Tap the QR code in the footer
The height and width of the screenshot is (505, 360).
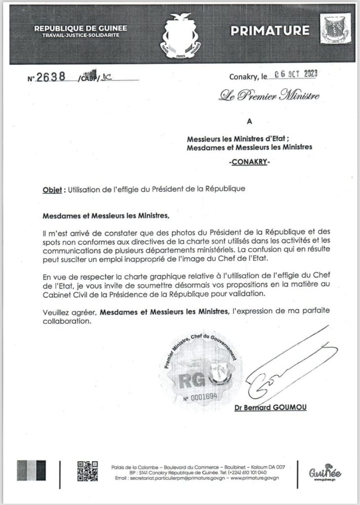click(x=85, y=471)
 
